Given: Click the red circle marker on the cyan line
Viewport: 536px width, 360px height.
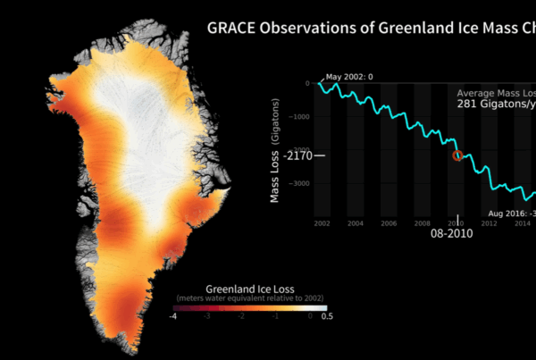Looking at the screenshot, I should click(x=458, y=155).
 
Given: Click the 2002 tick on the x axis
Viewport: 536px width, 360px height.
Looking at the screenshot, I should click(x=322, y=222).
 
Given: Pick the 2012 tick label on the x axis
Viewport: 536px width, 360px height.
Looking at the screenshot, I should click(x=490, y=222).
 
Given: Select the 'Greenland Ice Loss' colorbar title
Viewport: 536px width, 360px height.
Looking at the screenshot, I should click(x=249, y=289).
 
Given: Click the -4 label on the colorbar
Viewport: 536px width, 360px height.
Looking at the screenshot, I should click(x=174, y=317).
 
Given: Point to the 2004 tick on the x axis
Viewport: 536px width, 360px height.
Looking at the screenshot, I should click(x=355, y=222).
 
